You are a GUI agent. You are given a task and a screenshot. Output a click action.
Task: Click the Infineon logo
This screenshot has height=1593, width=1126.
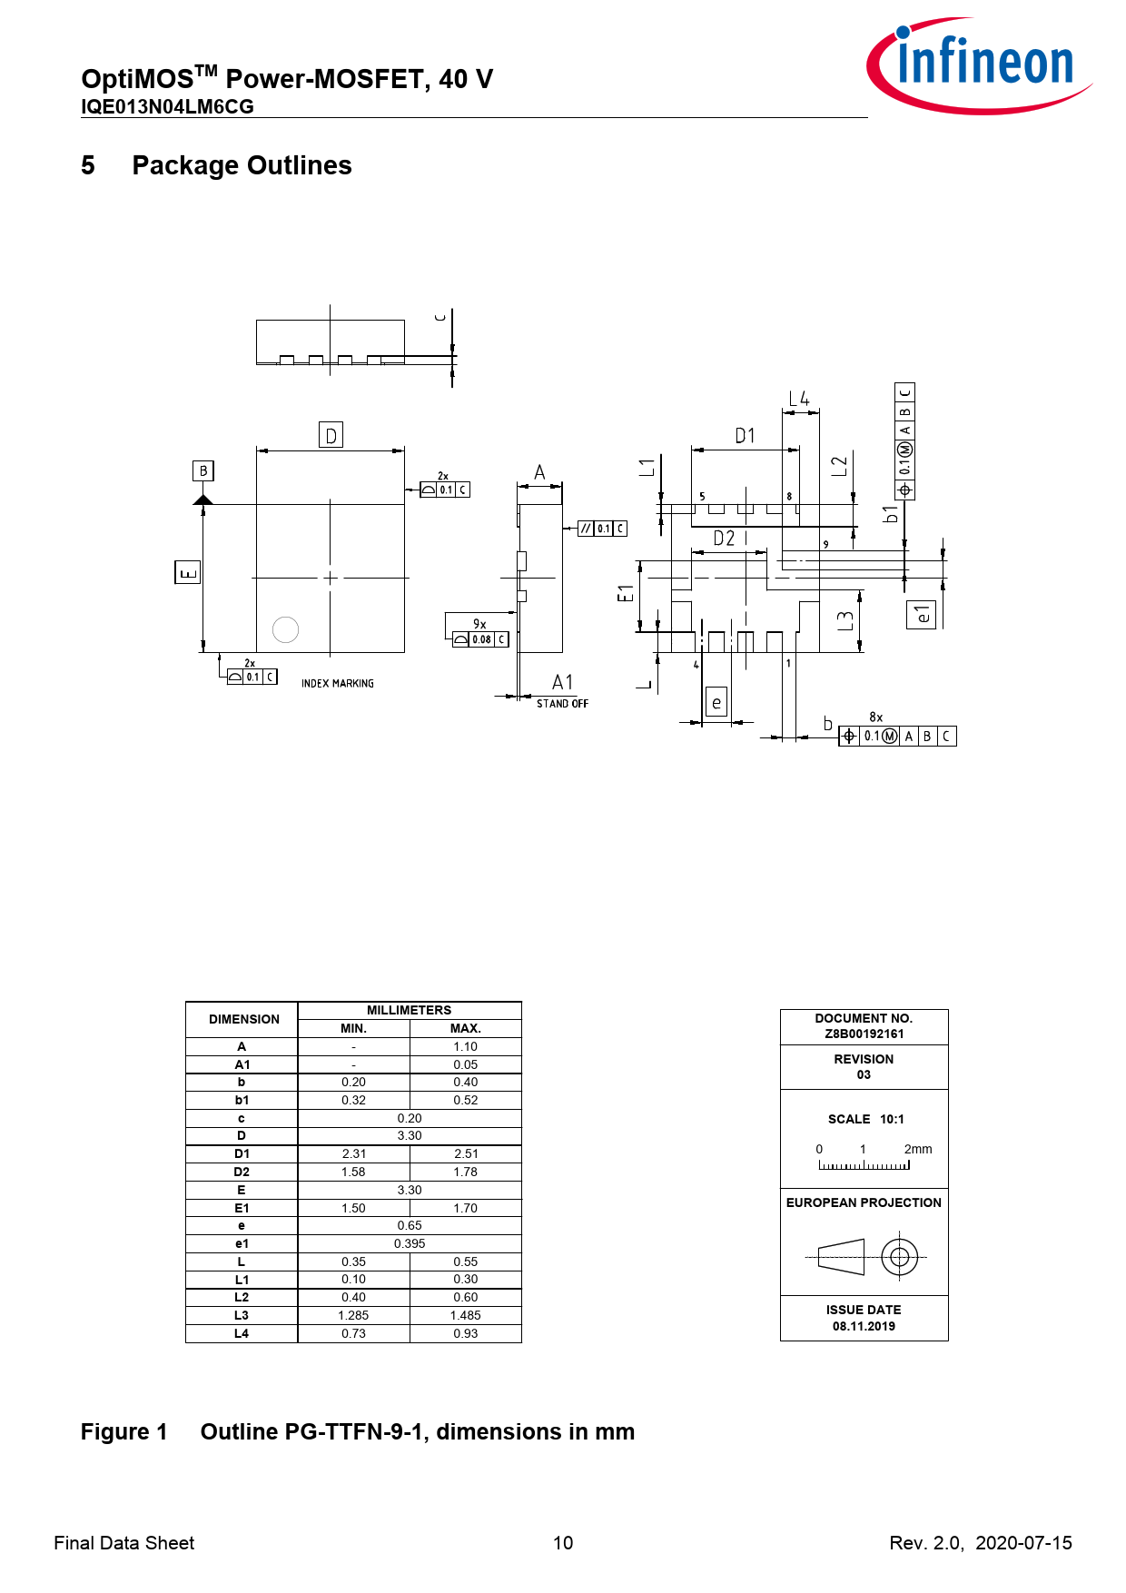point(979,65)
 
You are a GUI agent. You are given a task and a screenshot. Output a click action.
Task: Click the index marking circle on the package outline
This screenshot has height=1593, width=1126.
point(285,629)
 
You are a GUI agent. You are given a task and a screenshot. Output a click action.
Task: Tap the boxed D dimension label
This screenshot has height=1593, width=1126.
point(331,435)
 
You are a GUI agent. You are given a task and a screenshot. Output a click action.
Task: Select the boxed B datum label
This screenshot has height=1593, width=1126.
point(203,470)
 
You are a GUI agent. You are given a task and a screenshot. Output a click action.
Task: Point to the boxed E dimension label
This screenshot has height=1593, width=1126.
point(187,572)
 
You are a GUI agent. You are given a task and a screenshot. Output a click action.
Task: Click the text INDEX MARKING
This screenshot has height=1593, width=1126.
point(338,683)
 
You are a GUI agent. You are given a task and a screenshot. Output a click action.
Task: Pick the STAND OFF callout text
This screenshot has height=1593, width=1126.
point(562,704)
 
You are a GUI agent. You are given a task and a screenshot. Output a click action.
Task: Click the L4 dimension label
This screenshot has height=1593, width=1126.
point(799,399)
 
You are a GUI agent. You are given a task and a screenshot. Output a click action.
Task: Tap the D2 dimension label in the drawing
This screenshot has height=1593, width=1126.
point(724,539)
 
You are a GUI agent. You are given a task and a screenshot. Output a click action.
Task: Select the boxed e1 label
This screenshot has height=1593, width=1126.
point(922,615)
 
